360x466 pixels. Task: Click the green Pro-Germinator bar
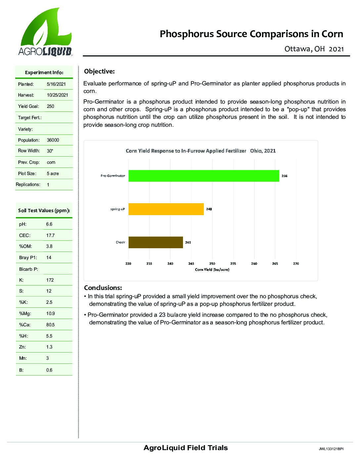[203, 176]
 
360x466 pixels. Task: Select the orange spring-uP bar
[166, 209]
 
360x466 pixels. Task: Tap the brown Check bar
[156, 242]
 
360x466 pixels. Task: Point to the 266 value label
[285, 176]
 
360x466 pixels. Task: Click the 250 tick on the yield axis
[212, 264]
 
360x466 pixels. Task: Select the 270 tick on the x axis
[296, 264]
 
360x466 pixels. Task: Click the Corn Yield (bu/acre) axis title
[212, 270]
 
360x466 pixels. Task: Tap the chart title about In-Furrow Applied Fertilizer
[201, 151]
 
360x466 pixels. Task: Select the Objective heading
[99, 71]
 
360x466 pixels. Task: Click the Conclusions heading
[103, 288]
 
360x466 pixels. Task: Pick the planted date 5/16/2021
[56, 84]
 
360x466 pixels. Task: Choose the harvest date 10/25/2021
[58, 95]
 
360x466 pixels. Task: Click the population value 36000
[53, 140]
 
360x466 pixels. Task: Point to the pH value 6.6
[49, 224]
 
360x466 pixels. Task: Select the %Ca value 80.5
[50, 325]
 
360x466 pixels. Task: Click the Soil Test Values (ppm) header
[44, 210]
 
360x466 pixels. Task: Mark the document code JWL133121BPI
[331, 449]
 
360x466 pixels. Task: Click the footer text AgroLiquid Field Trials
[186, 448]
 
